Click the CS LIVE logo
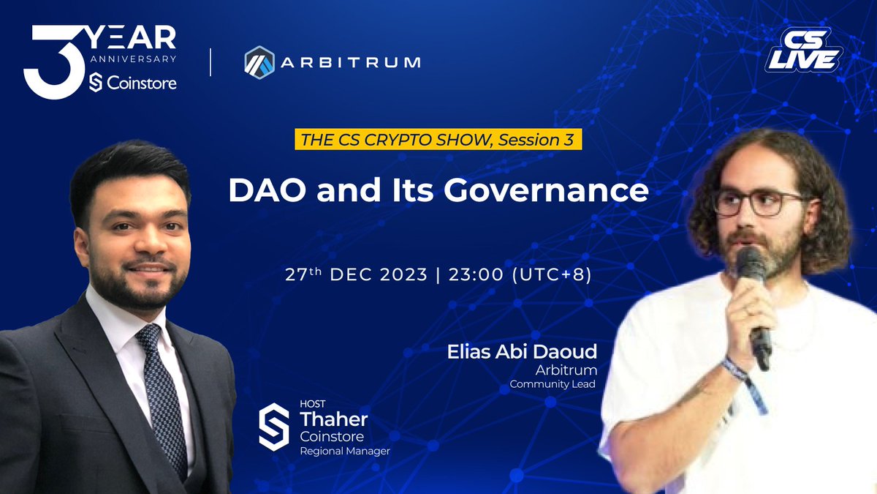(x=803, y=51)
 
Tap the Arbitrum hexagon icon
(x=259, y=61)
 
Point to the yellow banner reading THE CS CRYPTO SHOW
(x=438, y=140)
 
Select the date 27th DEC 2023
(x=357, y=275)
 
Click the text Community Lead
(x=548, y=383)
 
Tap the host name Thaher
(x=334, y=419)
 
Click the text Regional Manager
(x=345, y=452)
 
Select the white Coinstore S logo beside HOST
(x=274, y=427)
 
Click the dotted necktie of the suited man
(x=162, y=395)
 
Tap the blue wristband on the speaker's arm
(x=737, y=370)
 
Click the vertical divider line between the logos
(x=210, y=61)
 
